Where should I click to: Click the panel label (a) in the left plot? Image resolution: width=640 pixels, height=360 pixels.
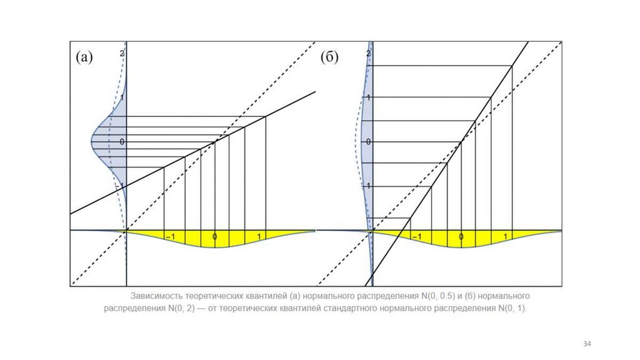point(84,57)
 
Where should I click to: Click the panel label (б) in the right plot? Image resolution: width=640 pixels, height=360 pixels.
point(329,57)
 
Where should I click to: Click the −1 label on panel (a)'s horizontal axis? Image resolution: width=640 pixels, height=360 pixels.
point(169,237)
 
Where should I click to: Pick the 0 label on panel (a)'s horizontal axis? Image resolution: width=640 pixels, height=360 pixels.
point(215,237)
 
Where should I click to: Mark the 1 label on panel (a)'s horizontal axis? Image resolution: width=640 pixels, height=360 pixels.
point(259,237)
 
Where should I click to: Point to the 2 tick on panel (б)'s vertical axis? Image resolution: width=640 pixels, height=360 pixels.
point(369,54)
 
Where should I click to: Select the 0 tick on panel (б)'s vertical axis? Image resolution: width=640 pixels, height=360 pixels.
point(369,142)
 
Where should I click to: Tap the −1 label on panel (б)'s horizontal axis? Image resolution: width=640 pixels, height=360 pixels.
point(416,237)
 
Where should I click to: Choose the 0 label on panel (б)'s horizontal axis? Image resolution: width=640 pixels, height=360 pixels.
point(461,237)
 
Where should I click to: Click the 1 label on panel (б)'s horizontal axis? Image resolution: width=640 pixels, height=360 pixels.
point(506,237)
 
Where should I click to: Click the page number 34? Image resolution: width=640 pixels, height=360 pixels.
point(587,344)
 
